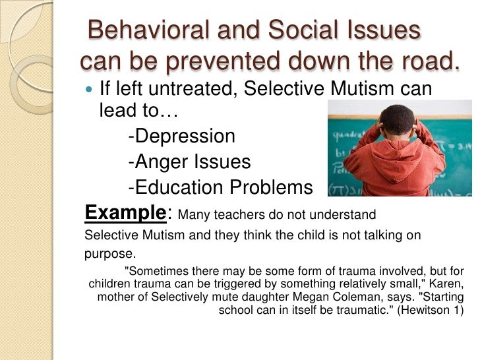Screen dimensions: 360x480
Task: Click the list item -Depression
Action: click(x=181, y=136)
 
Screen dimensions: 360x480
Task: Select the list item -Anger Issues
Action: click(x=189, y=162)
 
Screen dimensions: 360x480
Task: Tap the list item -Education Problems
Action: click(x=220, y=187)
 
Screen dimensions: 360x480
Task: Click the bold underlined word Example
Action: click(x=123, y=213)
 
